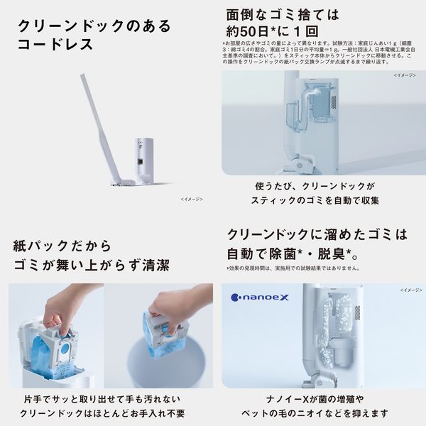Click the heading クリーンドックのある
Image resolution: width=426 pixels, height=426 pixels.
click(94, 27)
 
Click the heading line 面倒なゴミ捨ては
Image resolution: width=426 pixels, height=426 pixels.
click(282, 13)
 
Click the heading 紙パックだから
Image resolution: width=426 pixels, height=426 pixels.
click(62, 246)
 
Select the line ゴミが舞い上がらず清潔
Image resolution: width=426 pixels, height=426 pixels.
click(91, 266)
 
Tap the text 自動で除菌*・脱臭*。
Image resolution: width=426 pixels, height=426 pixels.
click(288, 253)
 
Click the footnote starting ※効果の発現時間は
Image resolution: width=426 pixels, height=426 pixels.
click(293, 269)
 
